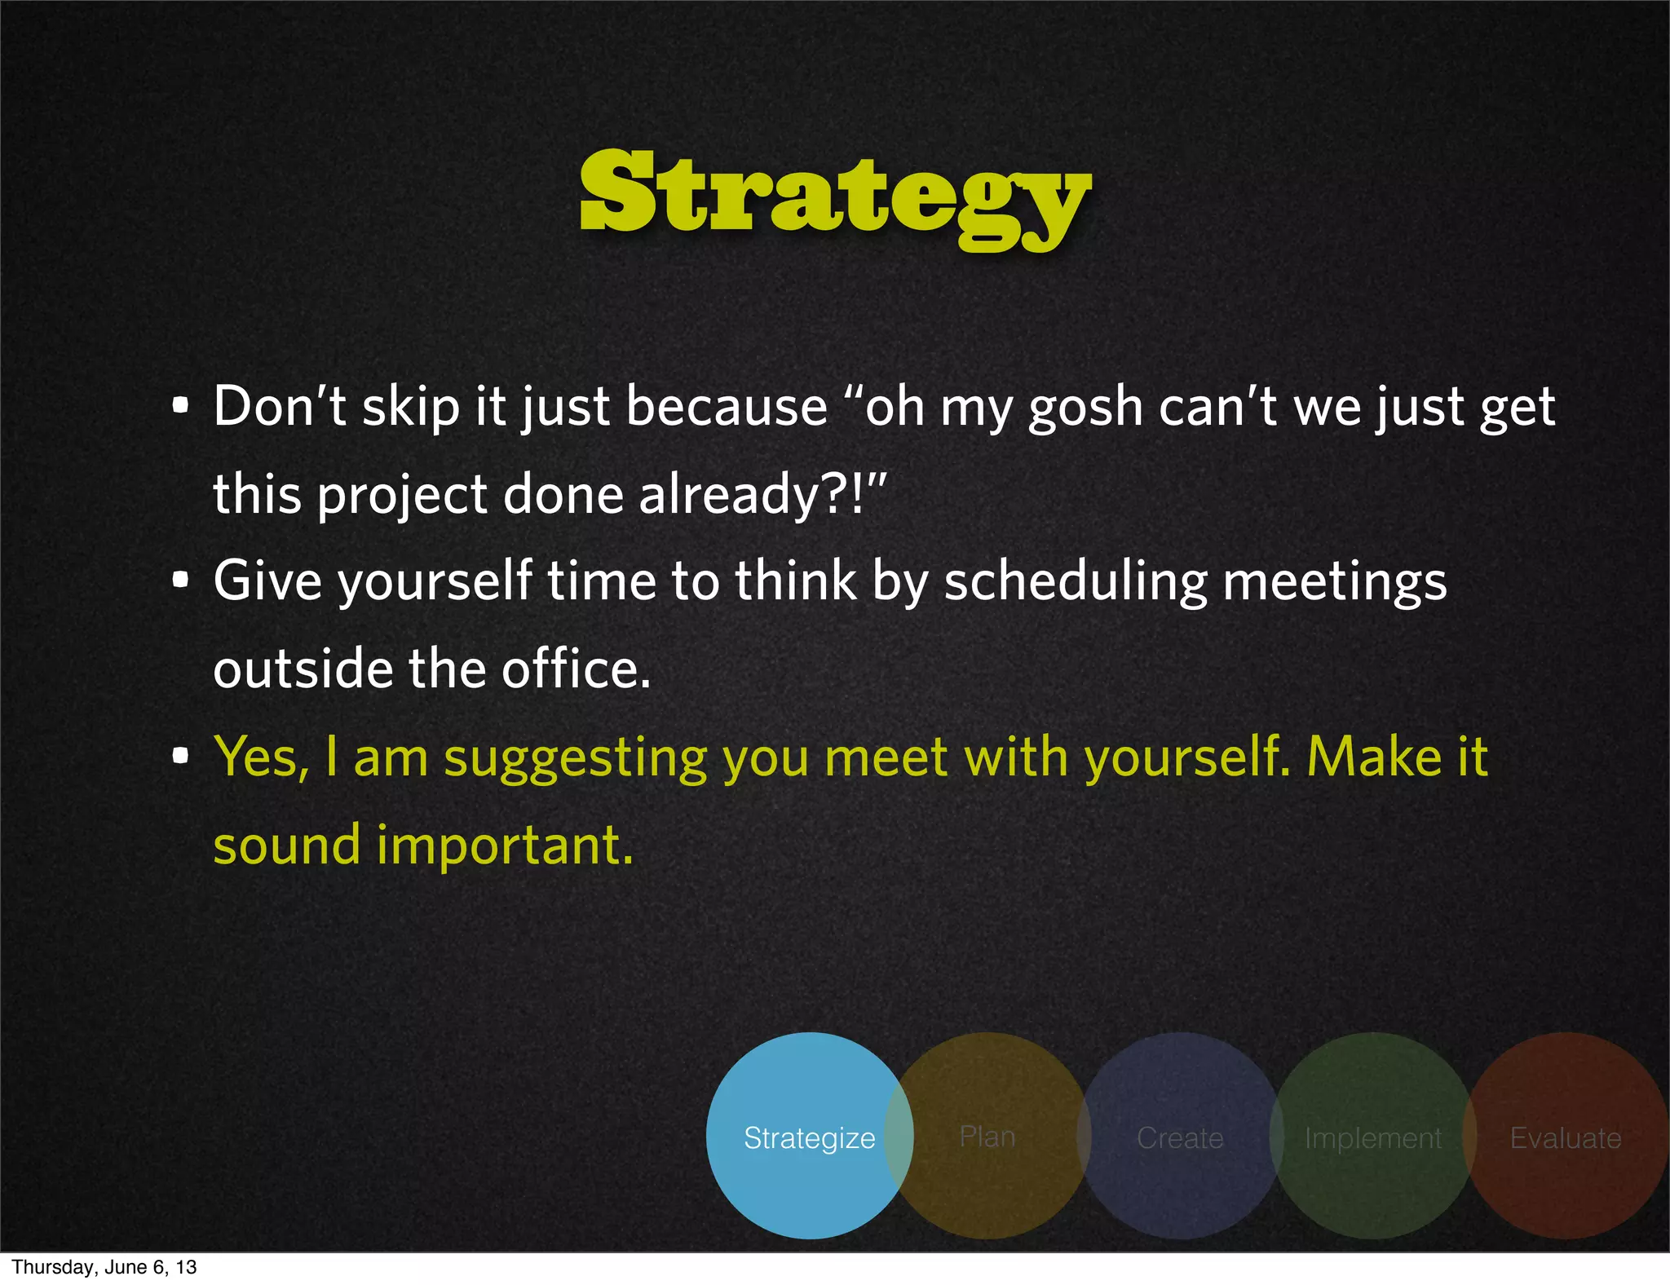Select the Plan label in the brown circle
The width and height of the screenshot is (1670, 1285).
[987, 1136]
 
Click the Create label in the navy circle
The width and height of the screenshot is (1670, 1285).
[1180, 1137]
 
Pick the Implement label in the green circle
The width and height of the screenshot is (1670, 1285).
[1373, 1137]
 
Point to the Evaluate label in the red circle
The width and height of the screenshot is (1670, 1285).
[1566, 1137]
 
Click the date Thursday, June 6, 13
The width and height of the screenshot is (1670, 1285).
[104, 1267]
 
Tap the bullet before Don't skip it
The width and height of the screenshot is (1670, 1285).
[181, 405]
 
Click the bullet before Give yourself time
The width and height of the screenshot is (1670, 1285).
[181, 581]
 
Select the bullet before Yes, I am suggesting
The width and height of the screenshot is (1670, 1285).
[181, 756]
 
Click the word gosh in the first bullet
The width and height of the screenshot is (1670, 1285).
[1085, 408]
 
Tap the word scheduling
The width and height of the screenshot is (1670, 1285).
[1075, 583]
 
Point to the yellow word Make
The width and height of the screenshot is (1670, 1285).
[1374, 757]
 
